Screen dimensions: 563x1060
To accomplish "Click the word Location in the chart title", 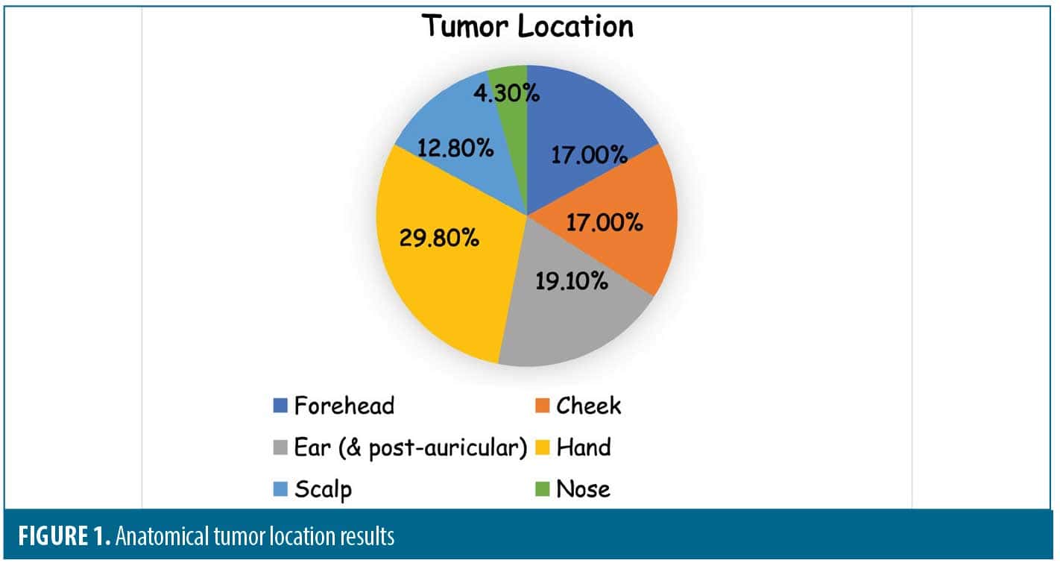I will [x=575, y=26].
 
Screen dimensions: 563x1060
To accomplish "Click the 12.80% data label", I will [x=457, y=148].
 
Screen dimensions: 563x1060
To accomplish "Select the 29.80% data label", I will [x=440, y=239].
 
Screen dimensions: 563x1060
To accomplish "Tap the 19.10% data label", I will [x=572, y=283].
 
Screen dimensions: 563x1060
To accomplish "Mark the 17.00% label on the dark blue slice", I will [x=589, y=154].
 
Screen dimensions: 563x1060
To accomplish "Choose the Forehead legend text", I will [x=344, y=406].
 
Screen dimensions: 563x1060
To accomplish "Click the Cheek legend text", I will [x=588, y=406].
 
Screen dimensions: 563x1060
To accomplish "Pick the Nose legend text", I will [x=583, y=489].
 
